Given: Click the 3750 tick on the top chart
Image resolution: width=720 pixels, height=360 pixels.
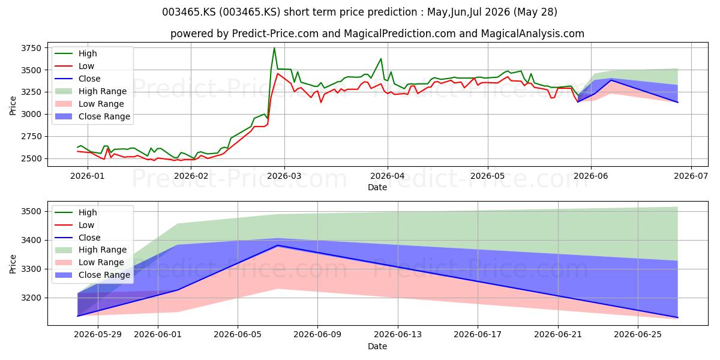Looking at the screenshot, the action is coord(31,48).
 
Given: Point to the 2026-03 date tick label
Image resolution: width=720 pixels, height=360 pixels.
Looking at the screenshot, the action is coord(284,176).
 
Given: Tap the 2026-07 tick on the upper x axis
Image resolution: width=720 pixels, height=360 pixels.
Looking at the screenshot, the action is coord(691,176).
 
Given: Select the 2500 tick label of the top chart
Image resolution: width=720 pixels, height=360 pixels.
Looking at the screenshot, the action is coord(31,158).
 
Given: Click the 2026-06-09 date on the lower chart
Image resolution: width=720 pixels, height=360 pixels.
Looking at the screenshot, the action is coord(317,335).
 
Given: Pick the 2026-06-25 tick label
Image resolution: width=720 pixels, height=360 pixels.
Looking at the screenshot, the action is coord(638,335).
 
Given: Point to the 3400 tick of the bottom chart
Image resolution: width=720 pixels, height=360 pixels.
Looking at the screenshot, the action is coord(31,240).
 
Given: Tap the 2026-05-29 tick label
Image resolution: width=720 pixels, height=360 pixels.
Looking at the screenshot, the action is coord(98,335).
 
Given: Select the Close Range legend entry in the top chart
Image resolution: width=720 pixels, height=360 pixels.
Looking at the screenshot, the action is coord(92,116).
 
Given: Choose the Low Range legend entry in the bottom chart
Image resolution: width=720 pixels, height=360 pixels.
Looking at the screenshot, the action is coord(89,262).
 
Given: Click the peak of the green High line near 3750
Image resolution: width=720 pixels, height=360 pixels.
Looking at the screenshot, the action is coord(274,48).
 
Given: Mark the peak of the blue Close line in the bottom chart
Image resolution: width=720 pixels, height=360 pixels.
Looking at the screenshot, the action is coord(278,245).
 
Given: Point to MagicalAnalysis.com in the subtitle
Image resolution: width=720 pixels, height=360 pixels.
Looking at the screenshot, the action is coord(533,34).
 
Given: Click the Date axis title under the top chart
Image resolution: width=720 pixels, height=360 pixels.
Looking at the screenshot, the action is coord(377,187).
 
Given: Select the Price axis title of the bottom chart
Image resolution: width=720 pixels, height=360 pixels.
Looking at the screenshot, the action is coord(13,264).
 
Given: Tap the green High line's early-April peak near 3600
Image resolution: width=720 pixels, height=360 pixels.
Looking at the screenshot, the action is coord(381,59).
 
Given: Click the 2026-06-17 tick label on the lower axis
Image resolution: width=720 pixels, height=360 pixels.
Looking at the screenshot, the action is coord(478,335).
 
